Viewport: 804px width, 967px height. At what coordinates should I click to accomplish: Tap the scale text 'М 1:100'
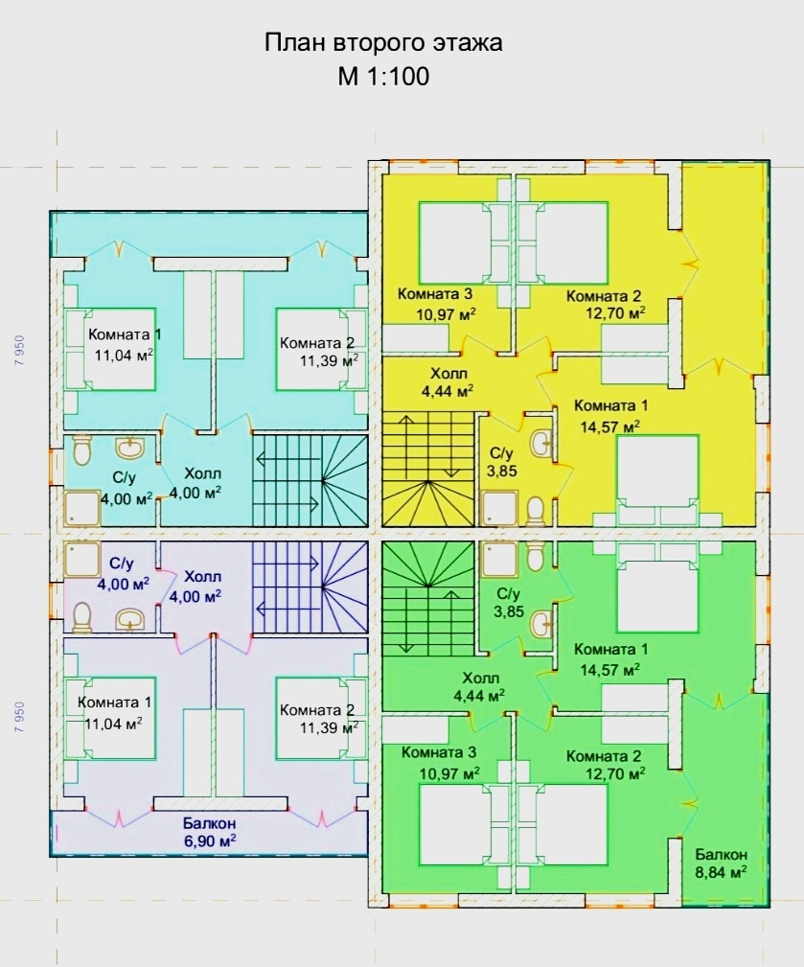[x=383, y=77]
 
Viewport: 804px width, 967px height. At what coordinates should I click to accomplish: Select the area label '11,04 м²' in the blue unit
[x=124, y=356]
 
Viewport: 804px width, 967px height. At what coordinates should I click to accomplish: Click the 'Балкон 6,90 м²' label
[x=210, y=832]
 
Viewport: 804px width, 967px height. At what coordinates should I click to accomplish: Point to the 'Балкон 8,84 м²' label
[x=722, y=863]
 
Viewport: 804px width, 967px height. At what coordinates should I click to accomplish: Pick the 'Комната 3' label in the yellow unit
[x=435, y=293]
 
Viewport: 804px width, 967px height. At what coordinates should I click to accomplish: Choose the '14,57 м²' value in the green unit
[x=609, y=669]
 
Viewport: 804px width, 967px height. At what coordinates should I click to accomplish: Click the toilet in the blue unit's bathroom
[x=82, y=451]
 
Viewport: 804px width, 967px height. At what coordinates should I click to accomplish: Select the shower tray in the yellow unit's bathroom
[x=500, y=508]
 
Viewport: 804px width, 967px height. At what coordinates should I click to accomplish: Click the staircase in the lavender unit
[x=310, y=587]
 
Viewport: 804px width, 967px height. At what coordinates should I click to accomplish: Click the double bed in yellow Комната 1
[x=658, y=480]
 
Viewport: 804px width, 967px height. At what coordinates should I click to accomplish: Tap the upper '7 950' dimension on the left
[x=20, y=351]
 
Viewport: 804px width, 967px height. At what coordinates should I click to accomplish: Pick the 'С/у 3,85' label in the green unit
[x=509, y=603]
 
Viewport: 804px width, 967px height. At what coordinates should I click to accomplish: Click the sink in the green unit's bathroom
[x=540, y=625]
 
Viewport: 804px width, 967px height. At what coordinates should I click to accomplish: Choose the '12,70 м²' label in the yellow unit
[x=615, y=312]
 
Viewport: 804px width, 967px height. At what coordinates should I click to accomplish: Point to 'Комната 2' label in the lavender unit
[x=317, y=709]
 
